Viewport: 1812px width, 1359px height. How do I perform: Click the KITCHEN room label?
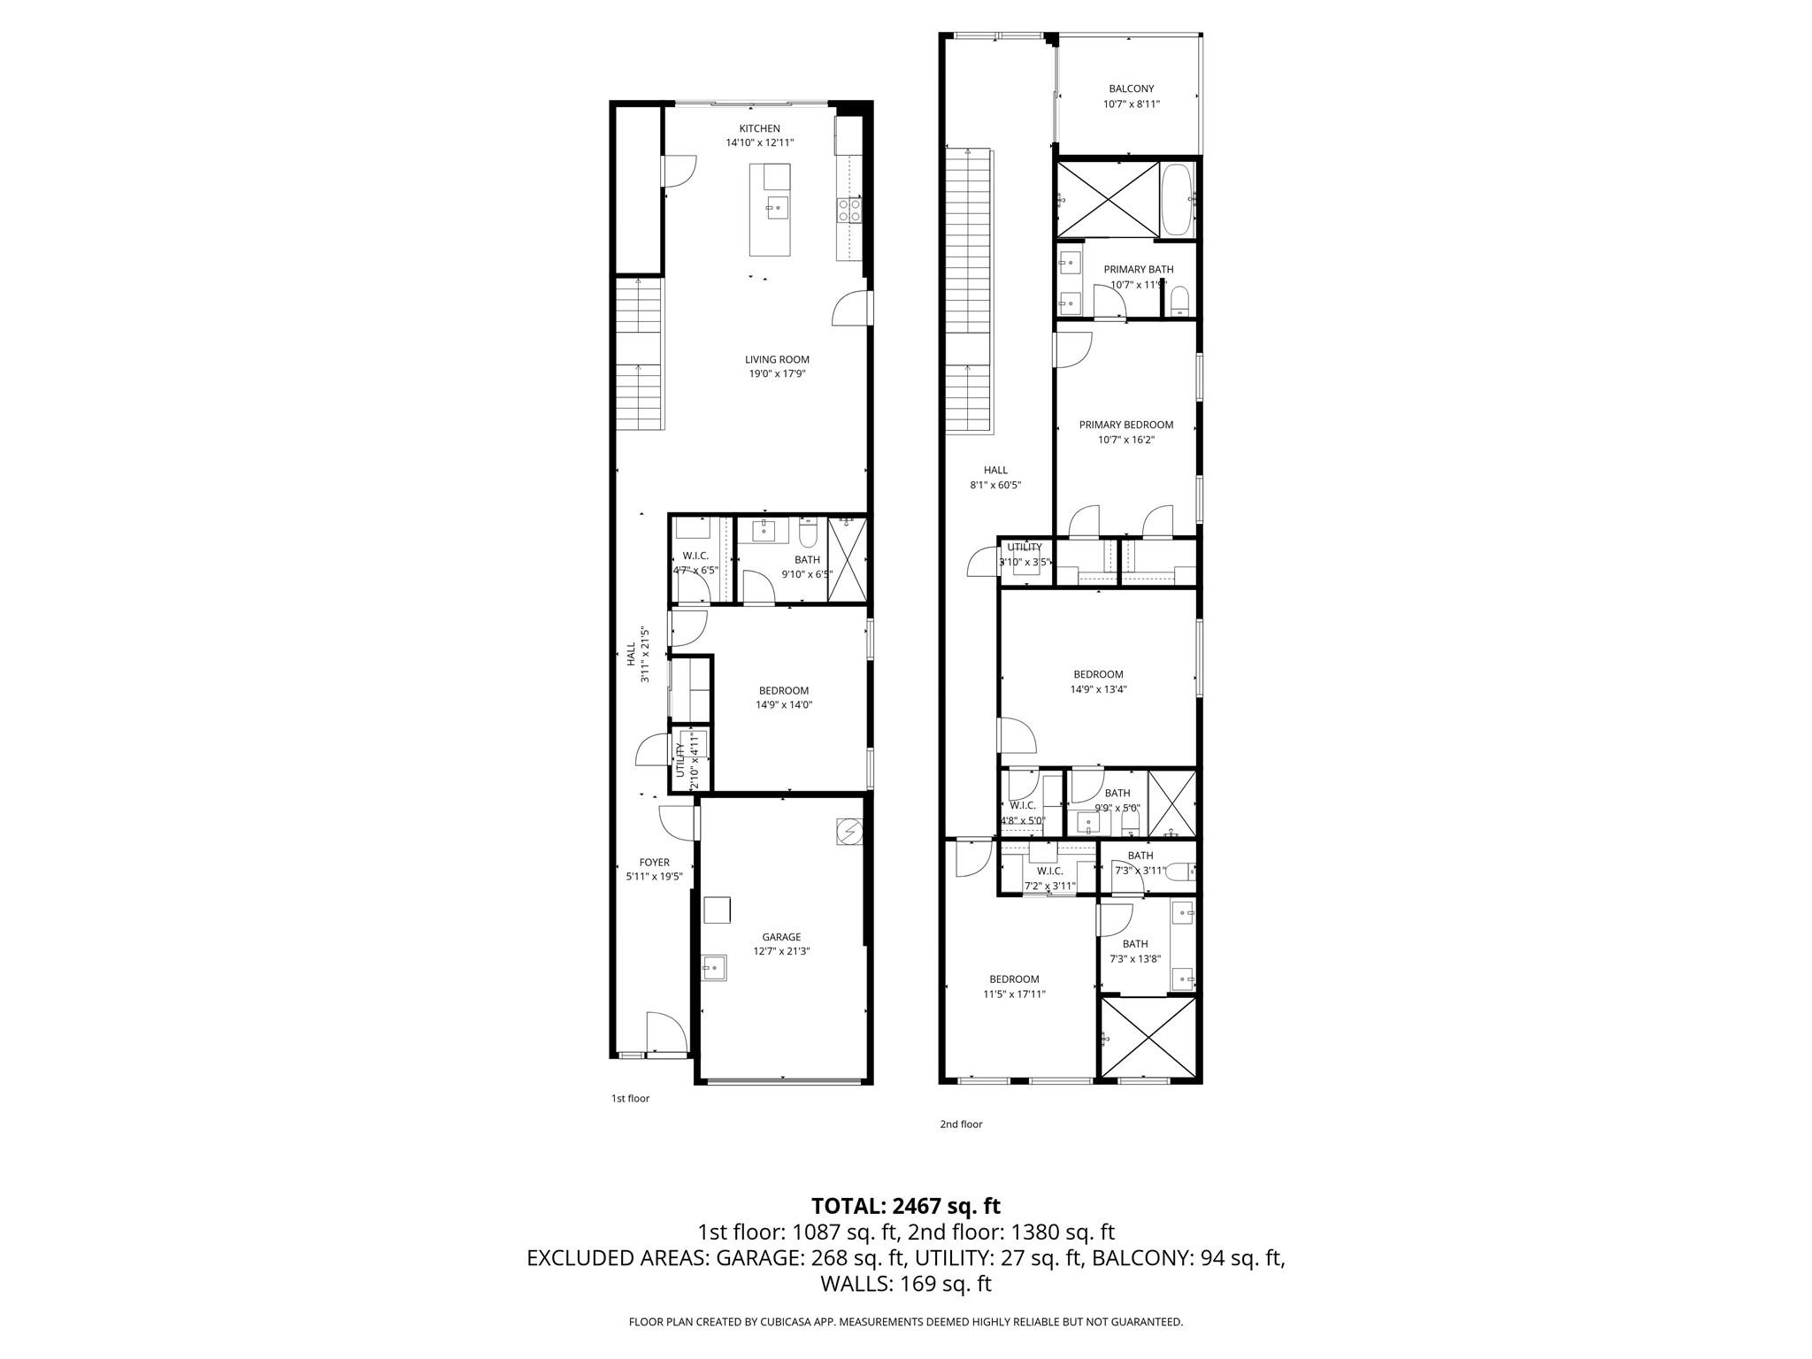click(759, 128)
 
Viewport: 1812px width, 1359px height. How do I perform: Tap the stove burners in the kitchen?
click(850, 210)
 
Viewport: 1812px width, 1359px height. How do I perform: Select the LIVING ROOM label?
click(777, 359)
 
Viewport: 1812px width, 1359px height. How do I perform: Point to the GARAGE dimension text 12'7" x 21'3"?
click(781, 951)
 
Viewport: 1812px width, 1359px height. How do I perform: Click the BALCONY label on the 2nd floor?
click(1131, 88)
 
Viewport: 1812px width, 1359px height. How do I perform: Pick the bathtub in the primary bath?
click(1178, 199)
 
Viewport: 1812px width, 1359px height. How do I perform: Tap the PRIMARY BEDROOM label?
click(1125, 425)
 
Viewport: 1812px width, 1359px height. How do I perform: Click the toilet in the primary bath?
click(1179, 301)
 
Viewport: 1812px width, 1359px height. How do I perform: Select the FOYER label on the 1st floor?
click(654, 862)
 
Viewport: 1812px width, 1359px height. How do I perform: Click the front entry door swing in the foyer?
click(665, 1033)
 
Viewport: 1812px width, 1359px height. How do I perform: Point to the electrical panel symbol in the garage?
click(848, 832)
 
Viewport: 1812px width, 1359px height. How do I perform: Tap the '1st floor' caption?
click(630, 1098)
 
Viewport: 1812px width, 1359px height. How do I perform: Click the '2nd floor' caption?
click(961, 1124)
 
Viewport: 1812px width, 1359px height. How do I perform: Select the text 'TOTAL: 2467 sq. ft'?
click(906, 1205)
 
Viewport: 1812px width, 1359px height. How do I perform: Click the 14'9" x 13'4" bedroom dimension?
click(1098, 689)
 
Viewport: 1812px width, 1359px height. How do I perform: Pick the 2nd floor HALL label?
click(995, 470)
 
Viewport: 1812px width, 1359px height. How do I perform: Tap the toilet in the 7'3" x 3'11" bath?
click(1179, 872)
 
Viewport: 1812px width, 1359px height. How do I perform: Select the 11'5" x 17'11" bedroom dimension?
click(1014, 994)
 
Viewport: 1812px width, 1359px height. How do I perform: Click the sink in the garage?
click(713, 968)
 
